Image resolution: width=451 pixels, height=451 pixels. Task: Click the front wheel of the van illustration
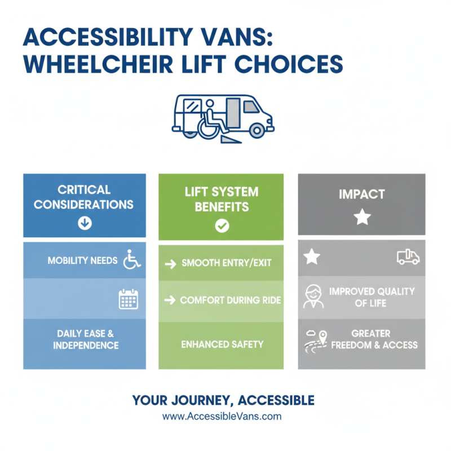pyautogui.click(x=257, y=131)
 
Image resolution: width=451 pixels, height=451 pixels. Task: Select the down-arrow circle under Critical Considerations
pyautogui.click(x=84, y=223)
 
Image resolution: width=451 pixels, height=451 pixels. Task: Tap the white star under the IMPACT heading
pyautogui.click(x=362, y=218)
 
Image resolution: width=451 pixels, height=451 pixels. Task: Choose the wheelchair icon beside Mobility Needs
pyautogui.click(x=131, y=260)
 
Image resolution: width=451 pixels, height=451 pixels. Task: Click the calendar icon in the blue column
pyautogui.click(x=128, y=299)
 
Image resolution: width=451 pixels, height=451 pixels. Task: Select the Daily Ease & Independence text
pyautogui.click(x=85, y=338)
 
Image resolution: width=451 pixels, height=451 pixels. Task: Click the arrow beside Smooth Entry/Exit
pyautogui.click(x=170, y=263)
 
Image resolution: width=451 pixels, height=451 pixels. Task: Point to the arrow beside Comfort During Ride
pyautogui.click(x=170, y=300)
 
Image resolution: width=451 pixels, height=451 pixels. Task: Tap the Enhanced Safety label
pyautogui.click(x=222, y=344)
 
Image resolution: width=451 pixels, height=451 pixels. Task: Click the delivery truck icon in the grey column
pyautogui.click(x=408, y=257)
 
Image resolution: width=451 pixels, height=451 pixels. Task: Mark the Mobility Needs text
pyautogui.click(x=82, y=260)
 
